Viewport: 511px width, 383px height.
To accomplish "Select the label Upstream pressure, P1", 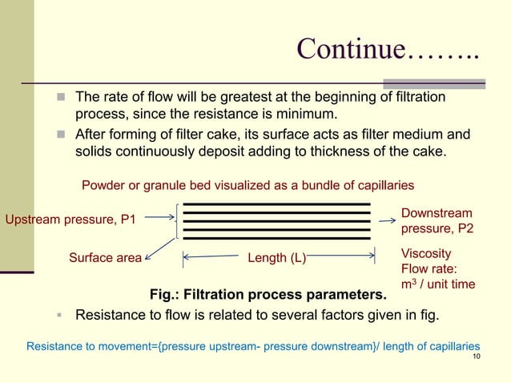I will click(x=70, y=220).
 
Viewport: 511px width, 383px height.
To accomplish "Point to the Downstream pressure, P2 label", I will click(x=437, y=221).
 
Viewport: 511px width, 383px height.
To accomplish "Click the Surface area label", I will click(x=105, y=258).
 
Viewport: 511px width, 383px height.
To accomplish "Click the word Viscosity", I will click(x=426, y=253).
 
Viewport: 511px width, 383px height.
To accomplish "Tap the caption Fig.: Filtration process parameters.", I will click(x=268, y=295).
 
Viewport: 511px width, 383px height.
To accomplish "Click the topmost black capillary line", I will click(x=277, y=205).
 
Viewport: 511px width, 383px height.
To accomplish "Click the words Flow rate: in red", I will click(x=429, y=268).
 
